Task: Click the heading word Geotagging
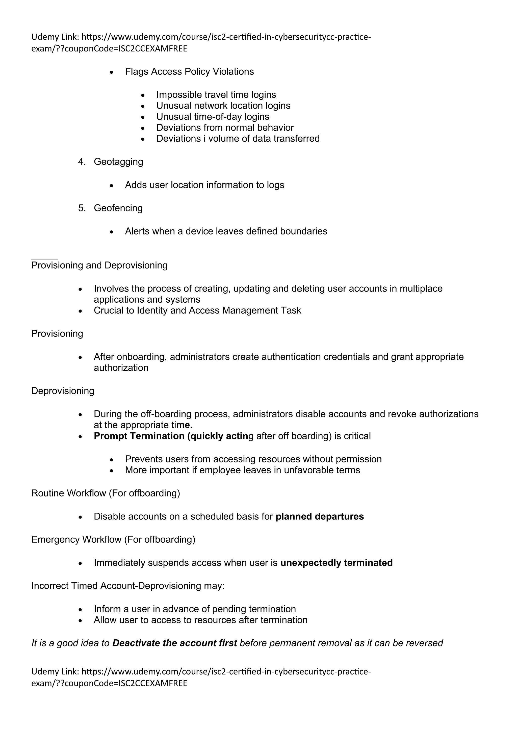118,162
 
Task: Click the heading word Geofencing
118,208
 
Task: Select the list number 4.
82,162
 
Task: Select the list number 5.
82,208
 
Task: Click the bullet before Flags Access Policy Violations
111,72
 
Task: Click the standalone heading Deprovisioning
63,391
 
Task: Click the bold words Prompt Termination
139,436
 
